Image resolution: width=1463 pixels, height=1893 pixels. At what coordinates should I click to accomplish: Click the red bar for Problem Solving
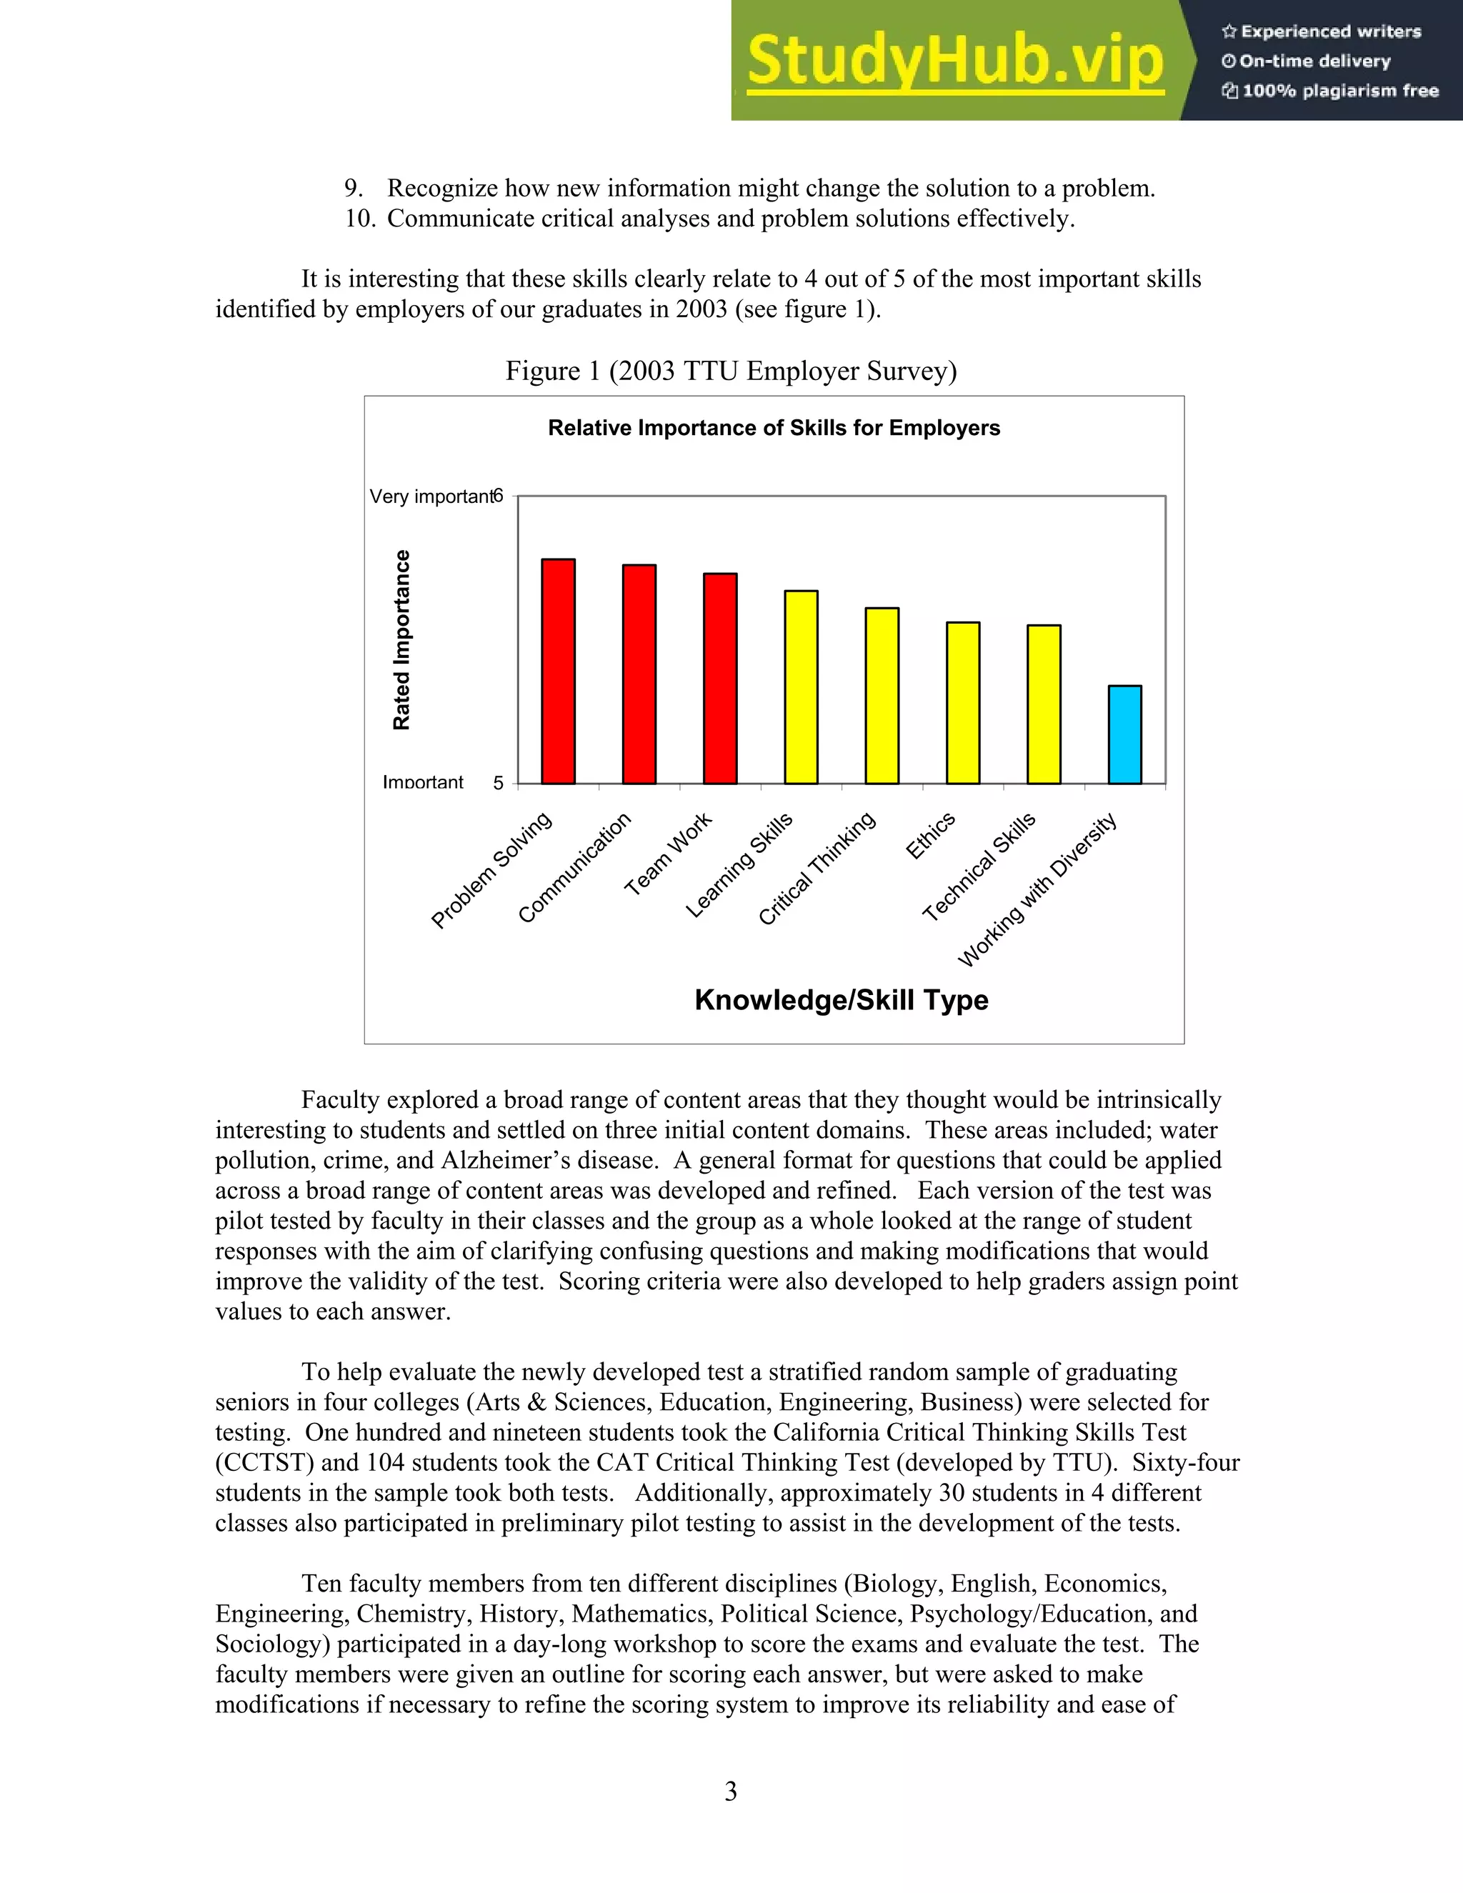tap(558, 671)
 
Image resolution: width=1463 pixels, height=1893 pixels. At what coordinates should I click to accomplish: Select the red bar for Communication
tap(639, 674)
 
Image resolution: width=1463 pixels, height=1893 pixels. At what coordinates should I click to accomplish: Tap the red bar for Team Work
tap(720, 679)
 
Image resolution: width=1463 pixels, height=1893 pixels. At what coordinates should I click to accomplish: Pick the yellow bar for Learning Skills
tap(801, 687)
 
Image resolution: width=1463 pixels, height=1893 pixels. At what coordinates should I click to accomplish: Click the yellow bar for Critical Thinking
tap(882, 696)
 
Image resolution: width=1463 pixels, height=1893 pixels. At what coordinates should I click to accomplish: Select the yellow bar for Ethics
tap(963, 703)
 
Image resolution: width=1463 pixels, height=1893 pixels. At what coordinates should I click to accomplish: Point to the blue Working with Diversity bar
tap(1124, 735)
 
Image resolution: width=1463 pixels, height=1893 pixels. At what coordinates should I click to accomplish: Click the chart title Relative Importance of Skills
tap(773, 428)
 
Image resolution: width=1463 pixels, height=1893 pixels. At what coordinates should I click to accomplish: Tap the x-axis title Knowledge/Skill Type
tap(841, 999)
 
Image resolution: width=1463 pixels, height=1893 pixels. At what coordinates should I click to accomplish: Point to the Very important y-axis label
tap(430, 496)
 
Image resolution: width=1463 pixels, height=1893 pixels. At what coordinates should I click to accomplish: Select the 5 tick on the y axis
tap(499, 784)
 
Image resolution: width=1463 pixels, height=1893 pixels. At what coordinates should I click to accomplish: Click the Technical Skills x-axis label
tap(979, 866)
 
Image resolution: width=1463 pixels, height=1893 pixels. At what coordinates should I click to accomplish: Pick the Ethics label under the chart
tap(930, 836)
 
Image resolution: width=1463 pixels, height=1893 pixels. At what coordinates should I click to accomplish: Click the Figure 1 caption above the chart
tap(731, 371)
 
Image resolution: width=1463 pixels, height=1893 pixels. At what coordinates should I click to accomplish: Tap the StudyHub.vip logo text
tap(954, 61)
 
